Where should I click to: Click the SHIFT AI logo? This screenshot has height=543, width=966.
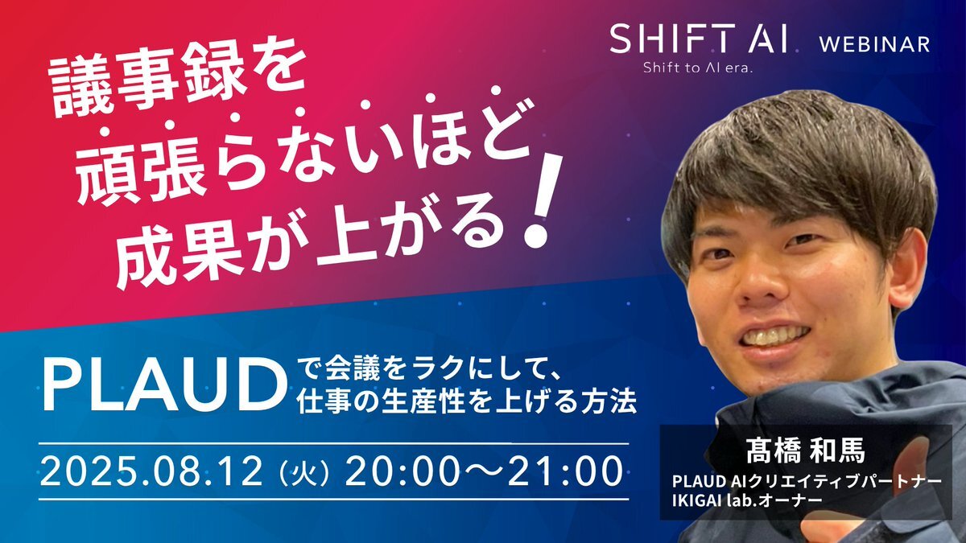coord(699,39)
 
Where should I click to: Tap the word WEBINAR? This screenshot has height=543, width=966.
coord(874,44)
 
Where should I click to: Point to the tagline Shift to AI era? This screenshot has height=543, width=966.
coord(698,68)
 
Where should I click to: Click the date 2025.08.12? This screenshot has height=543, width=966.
coord(151,472)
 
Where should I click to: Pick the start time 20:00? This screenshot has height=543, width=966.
coord(402,472)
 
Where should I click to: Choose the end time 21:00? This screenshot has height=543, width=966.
coord(565,472)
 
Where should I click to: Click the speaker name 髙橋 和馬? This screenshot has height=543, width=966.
coord(806,450)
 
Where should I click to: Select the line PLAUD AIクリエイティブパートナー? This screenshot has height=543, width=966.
coord(806,482)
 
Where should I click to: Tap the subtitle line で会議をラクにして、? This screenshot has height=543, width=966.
coord(427,372)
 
